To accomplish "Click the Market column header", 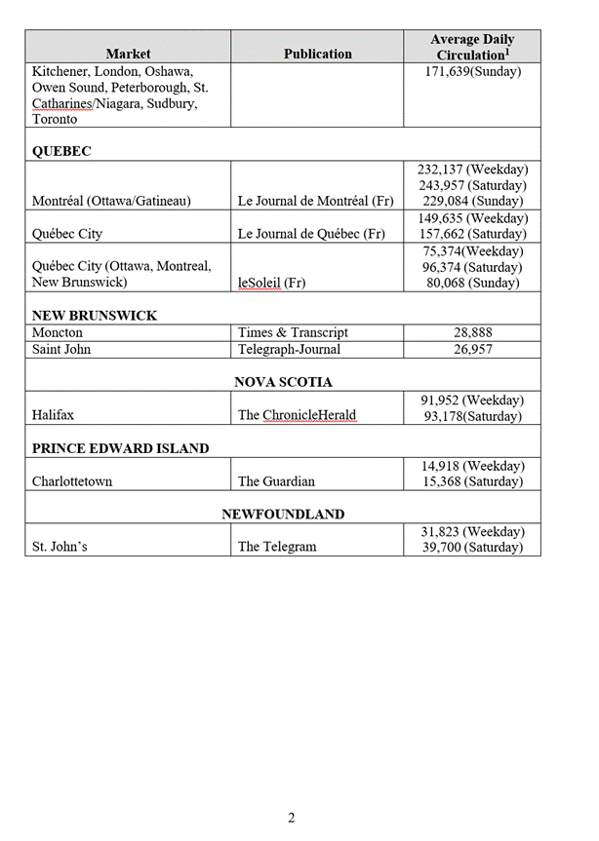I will coord(128,54).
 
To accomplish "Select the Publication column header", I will coord(317,54).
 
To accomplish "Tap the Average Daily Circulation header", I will coord(472,47).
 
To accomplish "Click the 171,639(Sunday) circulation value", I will coord(472,72).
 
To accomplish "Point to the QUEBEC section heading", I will coord(61,152).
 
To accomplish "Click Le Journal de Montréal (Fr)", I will coord(315,202).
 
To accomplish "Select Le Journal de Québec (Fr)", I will coord(311,234).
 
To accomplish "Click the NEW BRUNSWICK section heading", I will coord(95,316).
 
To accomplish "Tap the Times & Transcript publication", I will coord(293,332).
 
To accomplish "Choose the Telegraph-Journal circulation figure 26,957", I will coord(472,349).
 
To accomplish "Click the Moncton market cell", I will coord(58,332).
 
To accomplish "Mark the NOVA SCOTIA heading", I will coord(283,382).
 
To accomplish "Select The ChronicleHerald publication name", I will coord(298,415).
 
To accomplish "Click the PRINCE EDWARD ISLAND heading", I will coord(120,448).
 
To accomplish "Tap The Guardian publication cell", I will coord(276,481).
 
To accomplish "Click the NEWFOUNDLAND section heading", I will coord(283,514).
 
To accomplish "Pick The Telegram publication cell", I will coord(277,547).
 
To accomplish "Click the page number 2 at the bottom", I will coord(291,818).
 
